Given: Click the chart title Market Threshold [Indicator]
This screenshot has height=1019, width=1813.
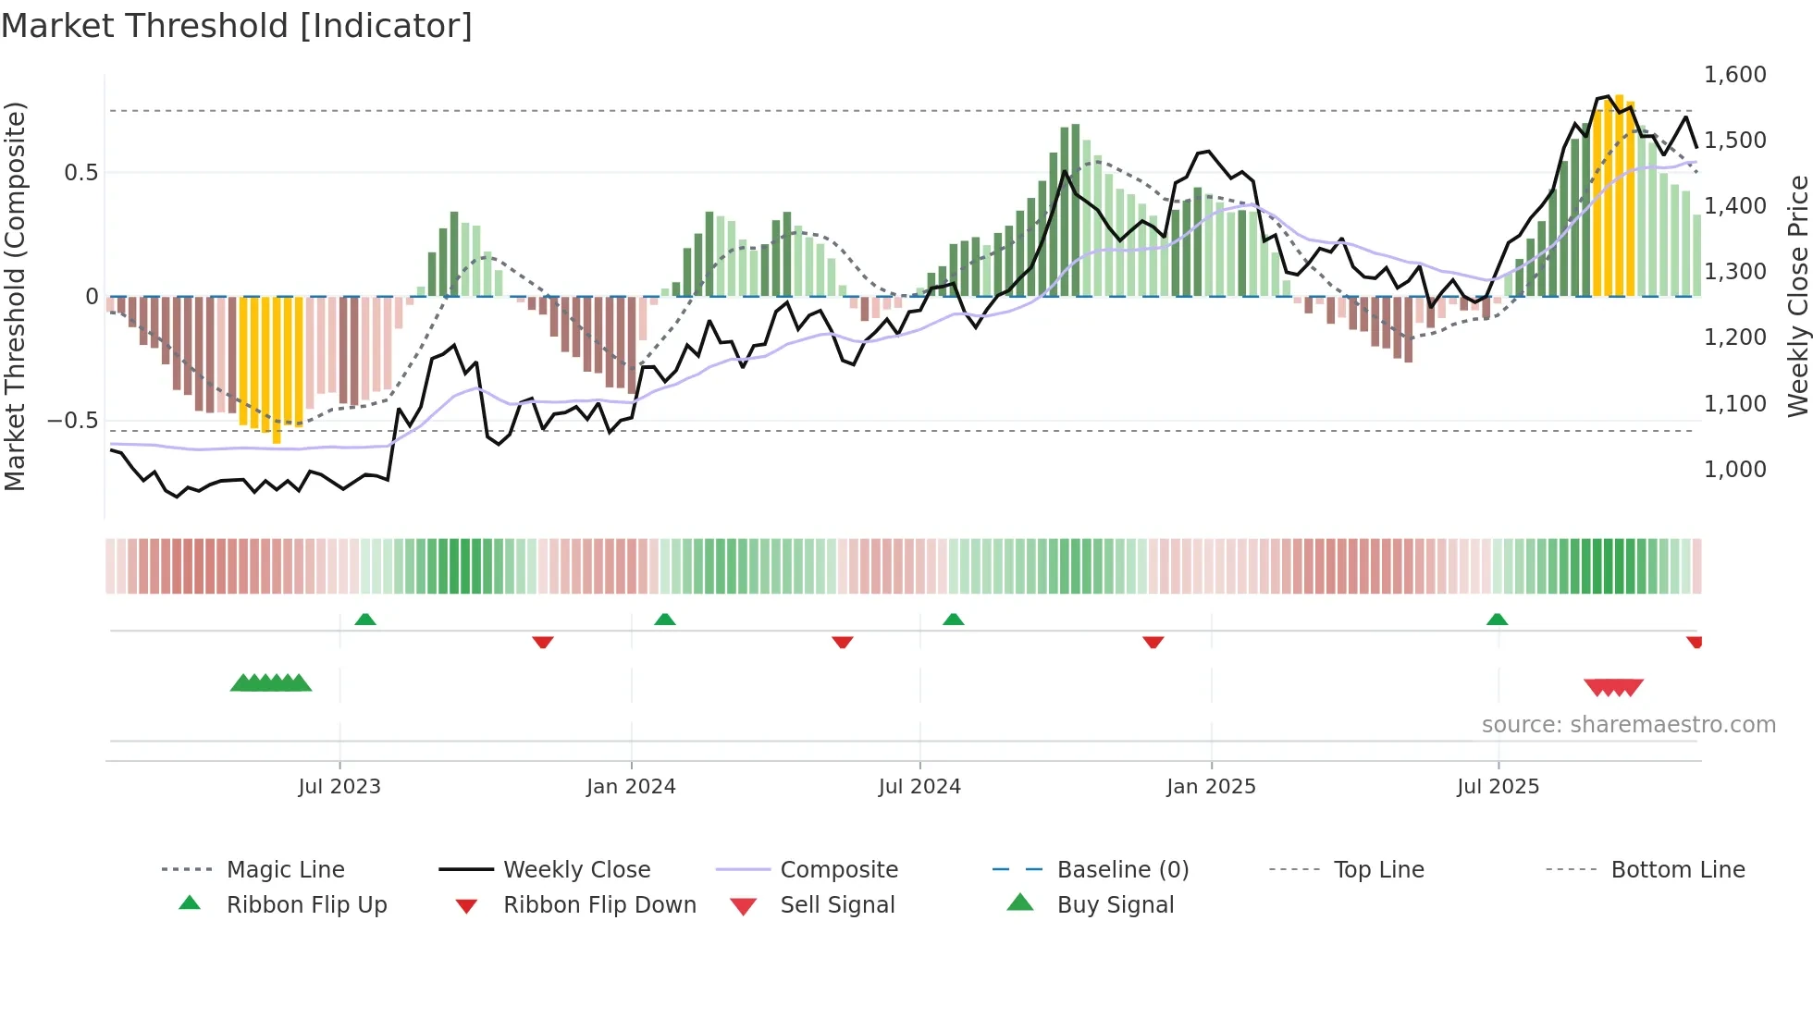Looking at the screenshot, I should pyautogui.click(x=237, y=26).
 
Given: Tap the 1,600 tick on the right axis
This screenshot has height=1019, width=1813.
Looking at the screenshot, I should pyautogui.click(x=1734, y=75).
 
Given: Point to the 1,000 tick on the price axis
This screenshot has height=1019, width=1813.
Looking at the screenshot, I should pyautogui.click(x=1734, y=470).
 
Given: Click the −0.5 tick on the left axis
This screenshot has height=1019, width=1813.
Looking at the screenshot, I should pyautogui.click(x=72, y=421).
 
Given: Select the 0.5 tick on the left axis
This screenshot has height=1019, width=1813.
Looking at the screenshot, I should pyautogui.click(x=80, y=173).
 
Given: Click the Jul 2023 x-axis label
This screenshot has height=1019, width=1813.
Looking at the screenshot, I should pyautogui.click(x=339, y=787).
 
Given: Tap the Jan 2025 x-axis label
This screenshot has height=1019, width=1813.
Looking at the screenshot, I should pyautogui.click(x=1211, y=787).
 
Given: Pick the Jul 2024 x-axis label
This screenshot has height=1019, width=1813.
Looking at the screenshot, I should pyautogui.click(x=919, y=787).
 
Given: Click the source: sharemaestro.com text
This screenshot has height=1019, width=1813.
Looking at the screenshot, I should pyautogui.click(x=1628, y=725).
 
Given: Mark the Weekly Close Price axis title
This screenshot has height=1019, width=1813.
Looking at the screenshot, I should pyautogui.click(x=1797, y=296).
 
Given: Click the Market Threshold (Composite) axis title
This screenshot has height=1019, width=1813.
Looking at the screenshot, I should pyautogui.click(x=15, y=296).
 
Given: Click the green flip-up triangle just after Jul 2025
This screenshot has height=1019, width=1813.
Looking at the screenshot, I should pyautogui.click(x=1497, y=620).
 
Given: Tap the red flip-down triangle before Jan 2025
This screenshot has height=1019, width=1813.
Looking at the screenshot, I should pyautogui.click(x=1153, y=642).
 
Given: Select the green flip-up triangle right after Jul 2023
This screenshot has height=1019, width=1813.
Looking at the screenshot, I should pyautogui.click(x=365, y=620).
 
